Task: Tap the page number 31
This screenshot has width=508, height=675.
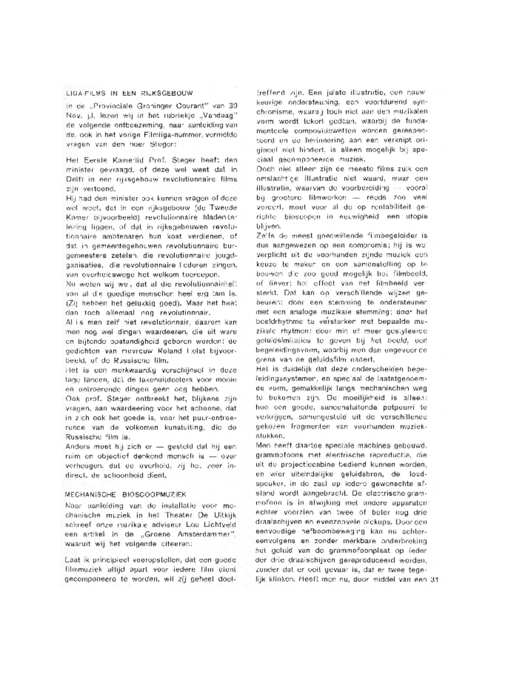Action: pos(434,579)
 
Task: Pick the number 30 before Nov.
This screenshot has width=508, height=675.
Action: pos(233,106)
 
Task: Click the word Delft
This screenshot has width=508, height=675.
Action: pos(73,179)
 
